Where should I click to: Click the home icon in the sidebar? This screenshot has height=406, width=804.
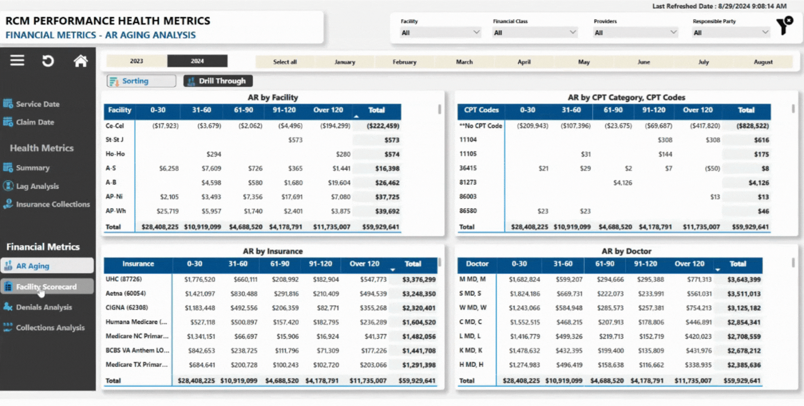pyautogui.click(x=80, y=61)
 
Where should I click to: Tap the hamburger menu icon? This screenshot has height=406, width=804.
pyautogui.click(x=17, y=60)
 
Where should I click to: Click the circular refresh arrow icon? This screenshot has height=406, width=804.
pyautogui.click(x=48, y=61)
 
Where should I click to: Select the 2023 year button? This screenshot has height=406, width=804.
pyautogui.click(x=136, y=61)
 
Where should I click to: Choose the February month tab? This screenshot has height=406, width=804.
pyautogui.click(x=404, y=62)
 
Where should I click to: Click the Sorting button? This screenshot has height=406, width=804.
pyautogui.click(x=141, y=81)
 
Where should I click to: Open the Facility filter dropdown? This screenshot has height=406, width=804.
pyautogui.click(x=440, y=33)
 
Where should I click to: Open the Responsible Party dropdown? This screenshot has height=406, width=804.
pyautogui.click(x=731, y=33)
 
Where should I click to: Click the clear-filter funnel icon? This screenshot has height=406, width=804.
pyautogui.click(x=785, y=25)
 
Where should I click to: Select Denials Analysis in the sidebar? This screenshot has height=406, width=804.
pyautogui.click(x=44, y=307)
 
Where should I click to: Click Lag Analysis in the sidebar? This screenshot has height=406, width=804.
pyautogui.click(x=37, y=186)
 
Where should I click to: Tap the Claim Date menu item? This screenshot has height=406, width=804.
pyautogui.click(x=35, y=122)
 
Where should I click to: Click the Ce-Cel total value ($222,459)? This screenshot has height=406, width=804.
pyautogui.click(x=383, y=126)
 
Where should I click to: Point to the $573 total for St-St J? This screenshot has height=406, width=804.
pyautogui.click(x=392, y=140)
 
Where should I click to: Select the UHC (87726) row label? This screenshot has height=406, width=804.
pyautogui.click(x=124, y=279)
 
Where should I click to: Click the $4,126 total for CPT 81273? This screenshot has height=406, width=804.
pyautogui.click(x=759, y=183)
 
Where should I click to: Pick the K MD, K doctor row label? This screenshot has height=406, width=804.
pyautogui.click(x=471, y=350)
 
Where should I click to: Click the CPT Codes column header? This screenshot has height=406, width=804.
pyautogui.click(x=481, y=110)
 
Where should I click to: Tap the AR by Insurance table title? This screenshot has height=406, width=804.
pyautogui.click(x=272, y=251)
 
